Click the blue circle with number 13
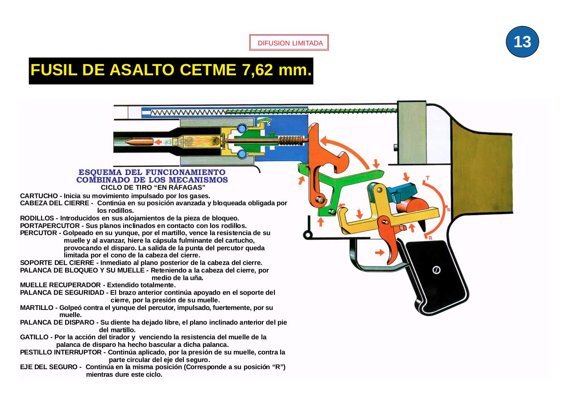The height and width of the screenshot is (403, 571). [522, 42]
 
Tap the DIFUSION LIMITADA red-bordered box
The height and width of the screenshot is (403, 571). [289, 43]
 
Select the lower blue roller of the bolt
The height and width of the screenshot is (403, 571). [242, 154]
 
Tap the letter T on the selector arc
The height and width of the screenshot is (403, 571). [427, 178]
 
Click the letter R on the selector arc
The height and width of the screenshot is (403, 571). [430, 238]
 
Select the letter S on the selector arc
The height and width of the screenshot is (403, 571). [447, 209]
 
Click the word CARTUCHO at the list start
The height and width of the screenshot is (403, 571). [38, 196]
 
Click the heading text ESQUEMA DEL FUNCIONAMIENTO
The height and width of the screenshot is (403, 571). [152, 172]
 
